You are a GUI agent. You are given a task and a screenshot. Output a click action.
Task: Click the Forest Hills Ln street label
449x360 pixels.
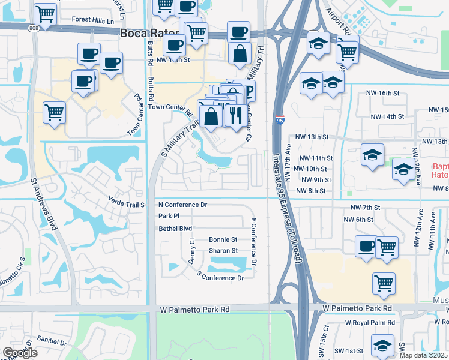pos(93,20)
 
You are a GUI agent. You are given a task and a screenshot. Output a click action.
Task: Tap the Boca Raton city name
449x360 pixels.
pos(149,34)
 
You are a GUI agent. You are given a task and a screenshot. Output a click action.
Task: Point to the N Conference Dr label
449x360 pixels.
pos(182,205)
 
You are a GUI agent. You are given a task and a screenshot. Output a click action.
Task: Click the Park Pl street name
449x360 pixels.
pos(169,216)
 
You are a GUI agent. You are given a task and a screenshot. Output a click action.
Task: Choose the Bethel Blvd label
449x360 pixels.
pos(175,229)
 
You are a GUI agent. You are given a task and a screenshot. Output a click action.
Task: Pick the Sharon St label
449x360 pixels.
pos(223,251)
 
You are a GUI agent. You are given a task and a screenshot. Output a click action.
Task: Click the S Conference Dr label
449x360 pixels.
pos(220,277)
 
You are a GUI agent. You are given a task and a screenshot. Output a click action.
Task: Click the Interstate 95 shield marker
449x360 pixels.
pos(279,121)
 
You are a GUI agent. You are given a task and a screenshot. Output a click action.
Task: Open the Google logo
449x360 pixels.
pos(20,352)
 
